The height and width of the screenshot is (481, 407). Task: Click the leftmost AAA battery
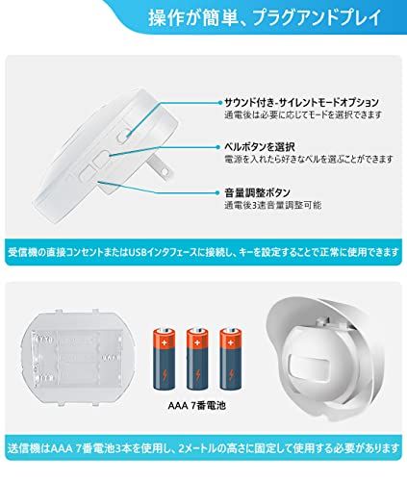[165, 359]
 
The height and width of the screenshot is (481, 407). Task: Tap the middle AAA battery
[197, 359]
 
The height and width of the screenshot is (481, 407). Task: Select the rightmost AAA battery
[230, 359]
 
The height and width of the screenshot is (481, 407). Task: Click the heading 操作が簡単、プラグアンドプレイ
[265, 17]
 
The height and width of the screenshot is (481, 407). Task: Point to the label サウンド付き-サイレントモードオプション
[301, 102]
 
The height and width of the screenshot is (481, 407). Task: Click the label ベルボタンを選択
[260, 147]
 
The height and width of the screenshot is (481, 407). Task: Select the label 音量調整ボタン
[257, 192]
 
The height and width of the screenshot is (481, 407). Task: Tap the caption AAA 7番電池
[197, 406]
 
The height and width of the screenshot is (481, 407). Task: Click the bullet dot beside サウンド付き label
[220, 103]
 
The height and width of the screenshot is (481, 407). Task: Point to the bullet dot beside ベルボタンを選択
[220, 147]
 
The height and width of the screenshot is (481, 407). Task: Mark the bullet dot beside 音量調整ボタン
[220, 193]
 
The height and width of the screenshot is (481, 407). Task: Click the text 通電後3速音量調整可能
[272, 205]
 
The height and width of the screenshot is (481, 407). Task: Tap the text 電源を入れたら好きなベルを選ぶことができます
[309, 159]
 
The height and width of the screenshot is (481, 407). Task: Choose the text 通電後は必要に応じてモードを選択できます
[303, 114]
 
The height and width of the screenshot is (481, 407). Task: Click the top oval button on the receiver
[124, 135]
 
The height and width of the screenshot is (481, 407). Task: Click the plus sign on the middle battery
[197, 342]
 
